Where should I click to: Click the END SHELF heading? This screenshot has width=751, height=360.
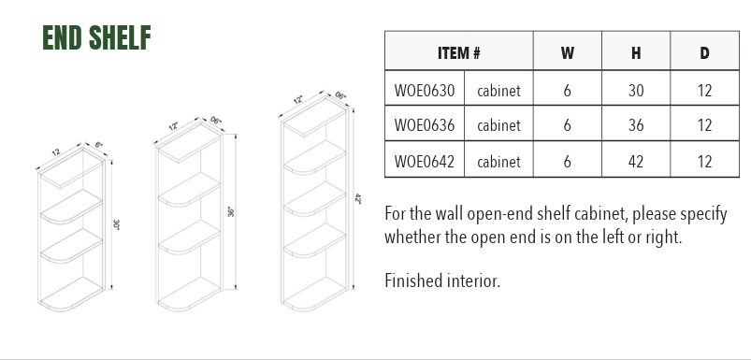coord(96,37)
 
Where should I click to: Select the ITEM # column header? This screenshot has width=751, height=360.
coord(459,52)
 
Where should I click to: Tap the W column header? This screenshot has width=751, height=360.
coord(567,52)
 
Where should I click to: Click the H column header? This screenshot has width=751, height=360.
coord(636,52)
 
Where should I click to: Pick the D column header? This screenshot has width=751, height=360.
coord(704,52)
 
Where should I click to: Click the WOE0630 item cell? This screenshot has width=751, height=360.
coord(425,90)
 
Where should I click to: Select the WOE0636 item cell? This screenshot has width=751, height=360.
coord(425,125)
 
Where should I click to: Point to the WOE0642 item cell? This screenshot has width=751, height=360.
coord(425,161)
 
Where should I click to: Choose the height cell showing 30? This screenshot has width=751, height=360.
coord(636,90)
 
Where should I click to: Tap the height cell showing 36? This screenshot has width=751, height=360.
coord(636,125)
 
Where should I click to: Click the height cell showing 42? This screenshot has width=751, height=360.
coord(636,161)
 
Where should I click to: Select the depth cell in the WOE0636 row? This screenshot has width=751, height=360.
coord(704,125)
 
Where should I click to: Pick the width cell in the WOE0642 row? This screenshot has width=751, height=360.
coord(567,161)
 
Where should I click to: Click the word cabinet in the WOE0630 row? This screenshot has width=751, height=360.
coord(498,91)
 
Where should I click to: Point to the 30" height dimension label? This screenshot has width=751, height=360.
coord(116,224)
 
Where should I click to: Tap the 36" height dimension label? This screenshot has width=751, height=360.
coord(230,211)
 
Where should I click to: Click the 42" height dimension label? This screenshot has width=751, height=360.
coord(357,198)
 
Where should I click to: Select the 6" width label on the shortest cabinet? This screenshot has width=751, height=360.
coord(98,145)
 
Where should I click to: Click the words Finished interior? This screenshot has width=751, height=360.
coord(442,281)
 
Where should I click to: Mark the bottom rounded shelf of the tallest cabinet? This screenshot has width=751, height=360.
coord(314,295)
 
